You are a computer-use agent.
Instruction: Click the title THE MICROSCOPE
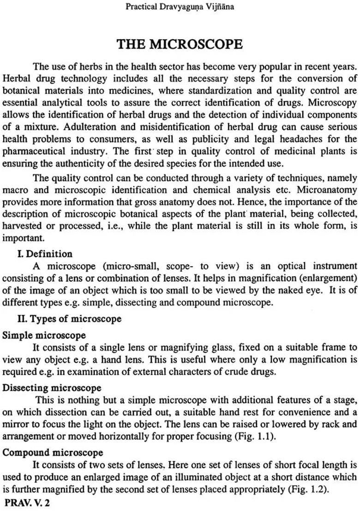pyautogui.click(x=180, y=44)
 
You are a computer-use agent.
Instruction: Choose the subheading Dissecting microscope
pyautogui.click(x=52, y=388)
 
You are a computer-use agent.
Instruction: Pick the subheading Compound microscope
pyautogui.click(x=53, y=452)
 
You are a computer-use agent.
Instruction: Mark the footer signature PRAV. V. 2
pyautogui.click(x=27, y=503)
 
